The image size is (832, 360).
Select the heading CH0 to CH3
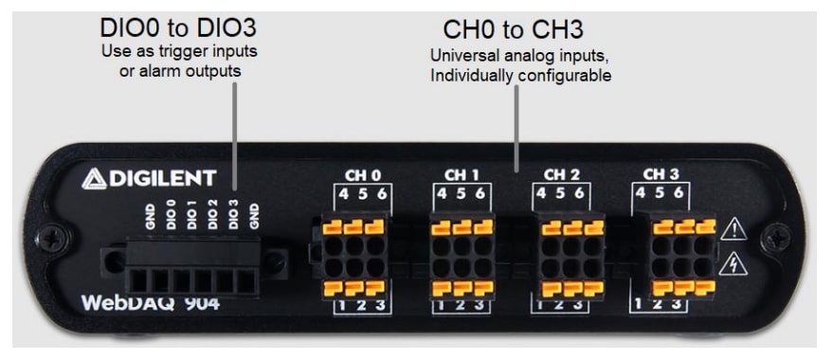(x=515, y=27)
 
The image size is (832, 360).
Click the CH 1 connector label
(x=461, y=174)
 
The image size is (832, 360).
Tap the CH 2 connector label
(x=561, y=174)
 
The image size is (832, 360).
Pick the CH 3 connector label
(x=661, y=174)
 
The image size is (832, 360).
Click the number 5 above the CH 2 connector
(x=561, y=193)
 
